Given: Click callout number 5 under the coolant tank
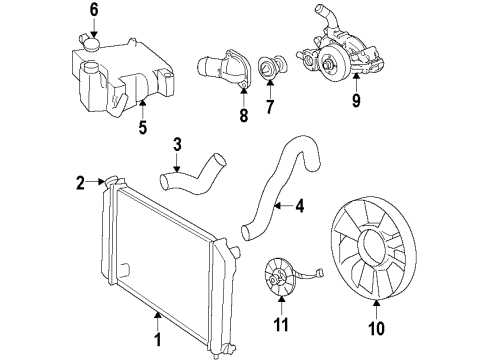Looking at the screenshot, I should tap(141, 128).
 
